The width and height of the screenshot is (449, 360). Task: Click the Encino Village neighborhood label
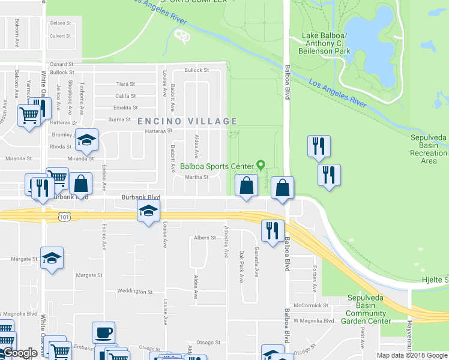[188, 121]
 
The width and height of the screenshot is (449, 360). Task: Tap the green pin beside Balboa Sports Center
[261, 164]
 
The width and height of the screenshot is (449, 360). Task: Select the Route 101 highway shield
[63, 217]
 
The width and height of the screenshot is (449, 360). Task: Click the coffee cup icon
[103, 332]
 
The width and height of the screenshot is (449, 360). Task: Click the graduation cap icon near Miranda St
[87, 140]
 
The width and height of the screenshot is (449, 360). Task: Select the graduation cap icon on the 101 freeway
[148, 211]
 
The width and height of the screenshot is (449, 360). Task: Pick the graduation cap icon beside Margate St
[52, 258]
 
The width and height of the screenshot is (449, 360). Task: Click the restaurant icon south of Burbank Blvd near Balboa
[273, 230]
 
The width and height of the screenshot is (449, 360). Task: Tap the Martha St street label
[196, 177]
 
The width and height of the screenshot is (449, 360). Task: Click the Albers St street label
[204, 238]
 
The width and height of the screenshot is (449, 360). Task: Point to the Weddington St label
[134, 292]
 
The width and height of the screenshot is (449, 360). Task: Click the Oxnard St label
[61, 64]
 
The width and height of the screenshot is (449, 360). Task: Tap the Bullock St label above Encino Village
[196, 70]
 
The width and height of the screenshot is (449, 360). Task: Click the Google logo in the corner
[20, 353]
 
